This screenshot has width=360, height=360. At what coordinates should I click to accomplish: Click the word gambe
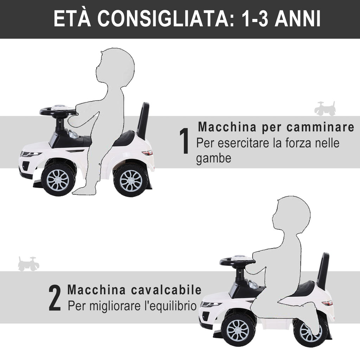tap(213, 159)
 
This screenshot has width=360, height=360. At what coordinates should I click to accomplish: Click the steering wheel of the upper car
tap(58, 111)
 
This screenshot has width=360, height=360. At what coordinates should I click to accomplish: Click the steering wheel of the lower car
tap(237, 261)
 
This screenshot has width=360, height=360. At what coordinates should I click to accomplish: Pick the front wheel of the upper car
tap(58, 180)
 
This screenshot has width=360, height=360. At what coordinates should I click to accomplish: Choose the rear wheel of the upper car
tap(131, 180)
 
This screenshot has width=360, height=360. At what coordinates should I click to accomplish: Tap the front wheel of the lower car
tap(238, 330)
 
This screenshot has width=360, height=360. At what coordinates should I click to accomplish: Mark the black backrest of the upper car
tap(143, 120)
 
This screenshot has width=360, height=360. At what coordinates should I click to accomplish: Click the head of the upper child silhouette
tap(115, 67)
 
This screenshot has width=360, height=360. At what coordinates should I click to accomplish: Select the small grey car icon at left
tap(28, 264)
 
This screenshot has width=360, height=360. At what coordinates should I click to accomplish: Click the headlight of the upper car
tap(30, 154)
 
